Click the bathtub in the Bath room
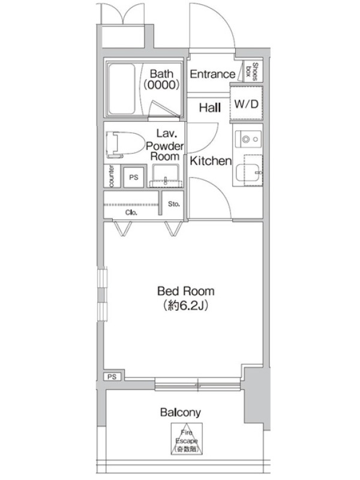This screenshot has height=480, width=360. click(x=122, y=88)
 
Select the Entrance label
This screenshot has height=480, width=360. click(x=212, y=74)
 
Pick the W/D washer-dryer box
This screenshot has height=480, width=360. click(x=247, y=104)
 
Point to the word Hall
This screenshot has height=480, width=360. click(x=209, y=107)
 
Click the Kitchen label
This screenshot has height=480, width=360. click(x=211, y=161)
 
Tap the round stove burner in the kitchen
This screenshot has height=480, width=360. click(x=246, y=139)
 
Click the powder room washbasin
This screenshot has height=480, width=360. click(x=166, y=176)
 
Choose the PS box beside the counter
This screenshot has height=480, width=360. click(x=133, y=177)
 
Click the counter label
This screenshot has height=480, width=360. click(x=112, y=176)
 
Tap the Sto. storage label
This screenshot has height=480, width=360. click(x=173, y=204)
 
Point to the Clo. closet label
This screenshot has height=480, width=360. click(x=131, y=212)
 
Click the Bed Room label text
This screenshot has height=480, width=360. click(x=186, y=291)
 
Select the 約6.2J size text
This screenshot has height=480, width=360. click(x=186, y=305)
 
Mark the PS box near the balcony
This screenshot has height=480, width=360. click(x=112, y=377)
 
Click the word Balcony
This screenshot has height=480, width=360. click(x=181, y=413)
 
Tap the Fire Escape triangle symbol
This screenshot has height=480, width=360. click(x=187, y=439)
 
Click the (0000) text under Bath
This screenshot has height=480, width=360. click(x=161, y=85)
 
